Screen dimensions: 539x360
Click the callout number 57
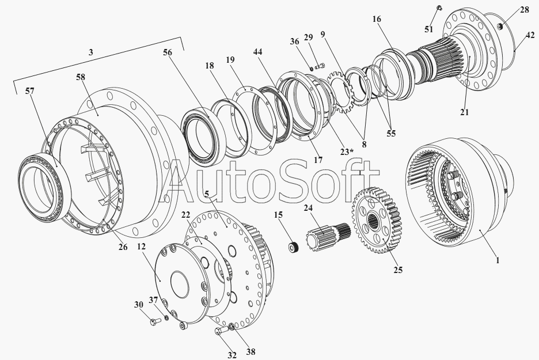click(x=30, y=91)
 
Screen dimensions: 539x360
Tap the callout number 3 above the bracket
click(x=91, y=52)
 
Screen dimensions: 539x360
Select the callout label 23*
click(x=347, y=151)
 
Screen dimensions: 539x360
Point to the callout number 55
click(x=391, y=134)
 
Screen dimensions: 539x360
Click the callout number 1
click(x=497, y=260)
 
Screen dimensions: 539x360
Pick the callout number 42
click(x=530, y=35)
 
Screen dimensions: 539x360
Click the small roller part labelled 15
click(x=293, y=247)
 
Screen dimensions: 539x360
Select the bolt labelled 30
click(x=155, y=321)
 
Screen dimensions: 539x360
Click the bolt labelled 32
click(x=221, y=331)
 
